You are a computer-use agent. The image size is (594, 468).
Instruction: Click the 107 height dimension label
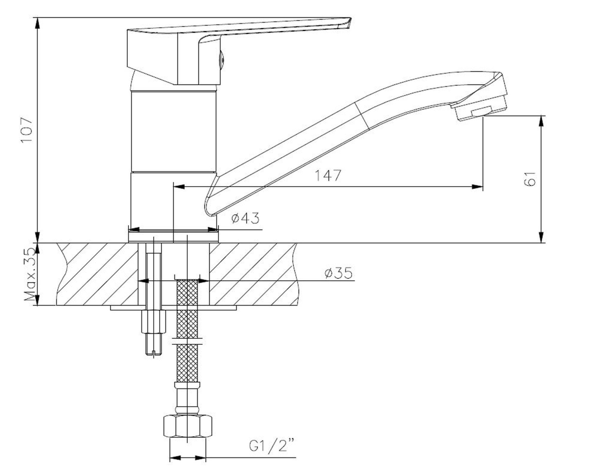(x=26, y=130)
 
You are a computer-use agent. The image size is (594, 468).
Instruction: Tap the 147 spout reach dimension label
(x=328, y=176)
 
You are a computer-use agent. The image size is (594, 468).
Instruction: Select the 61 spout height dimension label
(x=529, y=179)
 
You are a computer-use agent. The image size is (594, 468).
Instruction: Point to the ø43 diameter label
(x=245, y=218)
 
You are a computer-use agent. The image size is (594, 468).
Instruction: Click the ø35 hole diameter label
(x=339, y=273)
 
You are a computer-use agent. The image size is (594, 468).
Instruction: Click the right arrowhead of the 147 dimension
(x=477, y=187)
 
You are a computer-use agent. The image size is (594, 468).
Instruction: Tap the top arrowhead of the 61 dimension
(x=542, y=121)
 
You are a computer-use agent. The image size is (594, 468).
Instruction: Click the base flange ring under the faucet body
(x=174, y=238)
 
